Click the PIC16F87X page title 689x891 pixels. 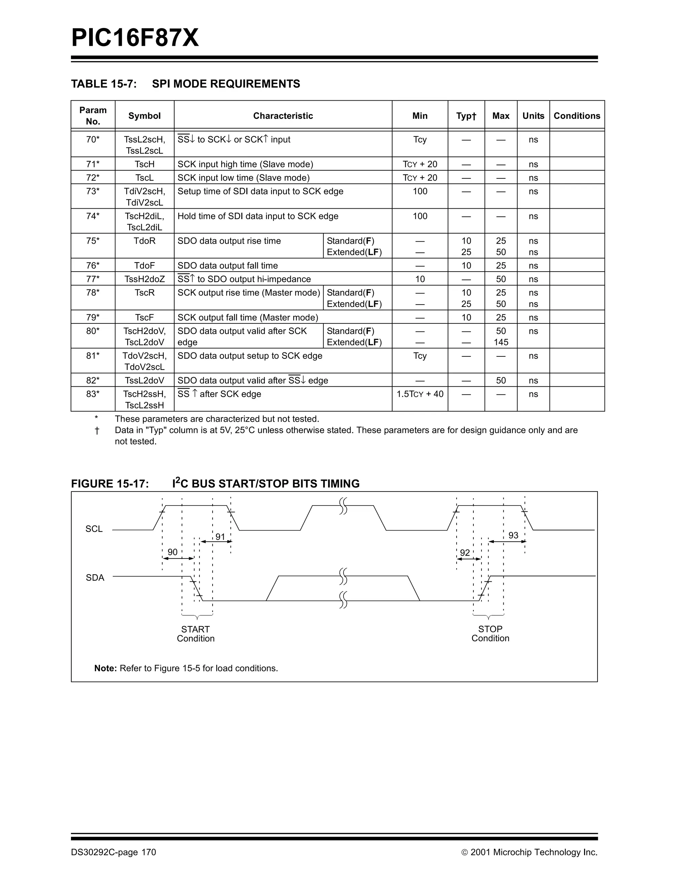[x=135, y=38]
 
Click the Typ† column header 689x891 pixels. [x=466, y=116]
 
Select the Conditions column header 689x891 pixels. [x=577, y=116]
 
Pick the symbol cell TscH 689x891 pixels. [x=144, y=164]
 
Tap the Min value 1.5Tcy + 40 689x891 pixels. [x=420, y=394]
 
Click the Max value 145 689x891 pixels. [x=501, y=342]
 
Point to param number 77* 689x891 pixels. [x=93, y=279]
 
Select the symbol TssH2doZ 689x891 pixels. [x=144, y=279]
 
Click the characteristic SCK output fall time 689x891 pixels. [x=248, y=317]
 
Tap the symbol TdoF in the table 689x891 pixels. [x=144, y=266]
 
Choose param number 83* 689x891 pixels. [x=93, y=394]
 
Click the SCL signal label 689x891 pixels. [x=94, y=529]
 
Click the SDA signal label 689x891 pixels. [x=95, y=578]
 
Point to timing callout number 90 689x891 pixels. [x=173, y=552]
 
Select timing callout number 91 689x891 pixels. [x=220, y=537]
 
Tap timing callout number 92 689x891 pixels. [x=465, y=553]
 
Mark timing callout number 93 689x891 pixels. [x=513, y=535]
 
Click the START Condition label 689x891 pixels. [x=196, y=634]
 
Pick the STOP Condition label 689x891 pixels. [x=490, y=633]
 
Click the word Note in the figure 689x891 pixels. [x=105, y=668]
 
